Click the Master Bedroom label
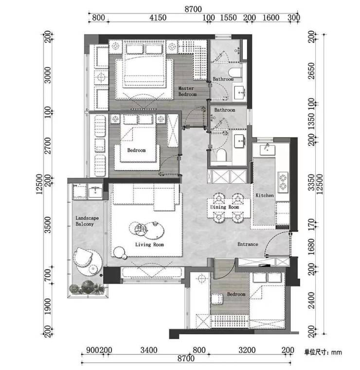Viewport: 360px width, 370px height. (x=187, y=91)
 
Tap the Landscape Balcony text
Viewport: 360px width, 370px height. (x=87, y=221)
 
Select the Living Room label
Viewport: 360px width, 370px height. (x=149, y=245)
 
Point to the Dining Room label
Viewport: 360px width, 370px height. (x=224, y=207)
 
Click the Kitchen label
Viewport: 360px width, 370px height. (x=265, y=195)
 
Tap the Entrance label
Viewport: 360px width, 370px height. (x=248, y=244)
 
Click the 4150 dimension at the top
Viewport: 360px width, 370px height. (x=158, y=18)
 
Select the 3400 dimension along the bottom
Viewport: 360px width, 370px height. (x=149, y=350)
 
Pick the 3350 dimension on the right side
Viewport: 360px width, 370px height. (x=311, y=182)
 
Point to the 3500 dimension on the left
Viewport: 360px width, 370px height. (x=48, y=225)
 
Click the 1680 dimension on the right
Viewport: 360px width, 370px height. (x=311, y=247)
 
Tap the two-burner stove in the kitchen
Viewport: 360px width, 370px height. (x=283, y=181)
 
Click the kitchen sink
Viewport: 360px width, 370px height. (x=268, y=150)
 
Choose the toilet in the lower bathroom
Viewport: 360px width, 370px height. (x=221, y=155)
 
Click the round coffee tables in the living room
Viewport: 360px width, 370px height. (x=146, y=229)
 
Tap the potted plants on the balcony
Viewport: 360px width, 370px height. (x=87, y=287)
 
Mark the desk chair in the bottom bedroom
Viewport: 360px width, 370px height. (x=216, y=299)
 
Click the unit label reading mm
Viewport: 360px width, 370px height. (x=336, y=352)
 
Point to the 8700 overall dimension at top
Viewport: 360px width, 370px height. (x=193, y=9)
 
